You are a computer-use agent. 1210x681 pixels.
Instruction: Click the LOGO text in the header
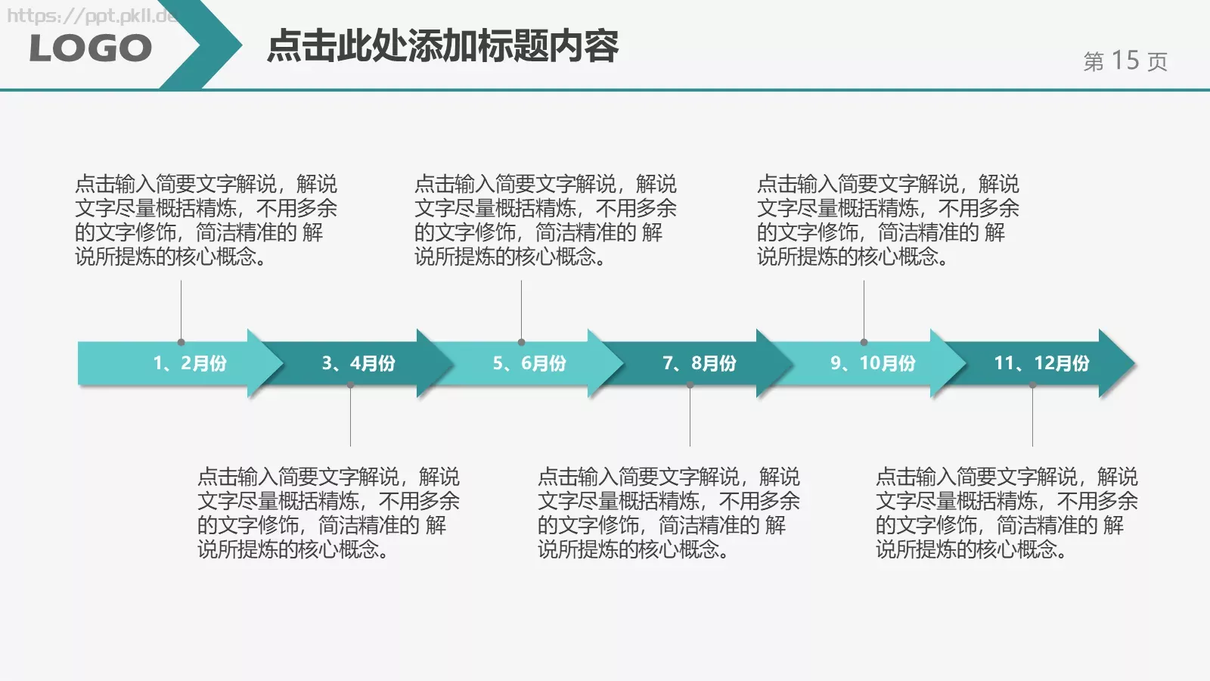[91, 49]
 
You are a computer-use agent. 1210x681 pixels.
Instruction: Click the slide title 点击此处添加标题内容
[442, 46]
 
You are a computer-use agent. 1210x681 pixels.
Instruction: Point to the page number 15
[1125, 61]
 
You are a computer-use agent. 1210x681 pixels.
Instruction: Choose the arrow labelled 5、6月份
[529, 363]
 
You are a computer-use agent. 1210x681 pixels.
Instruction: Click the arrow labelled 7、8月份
[700, 363]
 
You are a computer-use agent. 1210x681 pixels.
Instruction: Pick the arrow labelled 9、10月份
[873, 363]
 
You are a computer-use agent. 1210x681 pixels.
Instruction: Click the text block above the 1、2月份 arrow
[206, 220]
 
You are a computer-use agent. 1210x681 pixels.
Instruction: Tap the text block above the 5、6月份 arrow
[545, 220]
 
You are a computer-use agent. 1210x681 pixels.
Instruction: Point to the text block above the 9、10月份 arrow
[888, 220]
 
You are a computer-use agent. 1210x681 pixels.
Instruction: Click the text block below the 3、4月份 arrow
[328, 513]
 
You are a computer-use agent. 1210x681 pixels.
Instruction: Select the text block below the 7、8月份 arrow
[669, 513]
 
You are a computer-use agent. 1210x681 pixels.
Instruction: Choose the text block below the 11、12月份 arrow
[1007, 513]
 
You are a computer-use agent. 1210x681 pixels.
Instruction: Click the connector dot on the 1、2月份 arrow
[181, 342]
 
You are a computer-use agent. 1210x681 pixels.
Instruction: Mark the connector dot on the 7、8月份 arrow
[690, 385]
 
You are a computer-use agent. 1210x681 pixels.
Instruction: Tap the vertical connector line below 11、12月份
[1032, 416]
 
